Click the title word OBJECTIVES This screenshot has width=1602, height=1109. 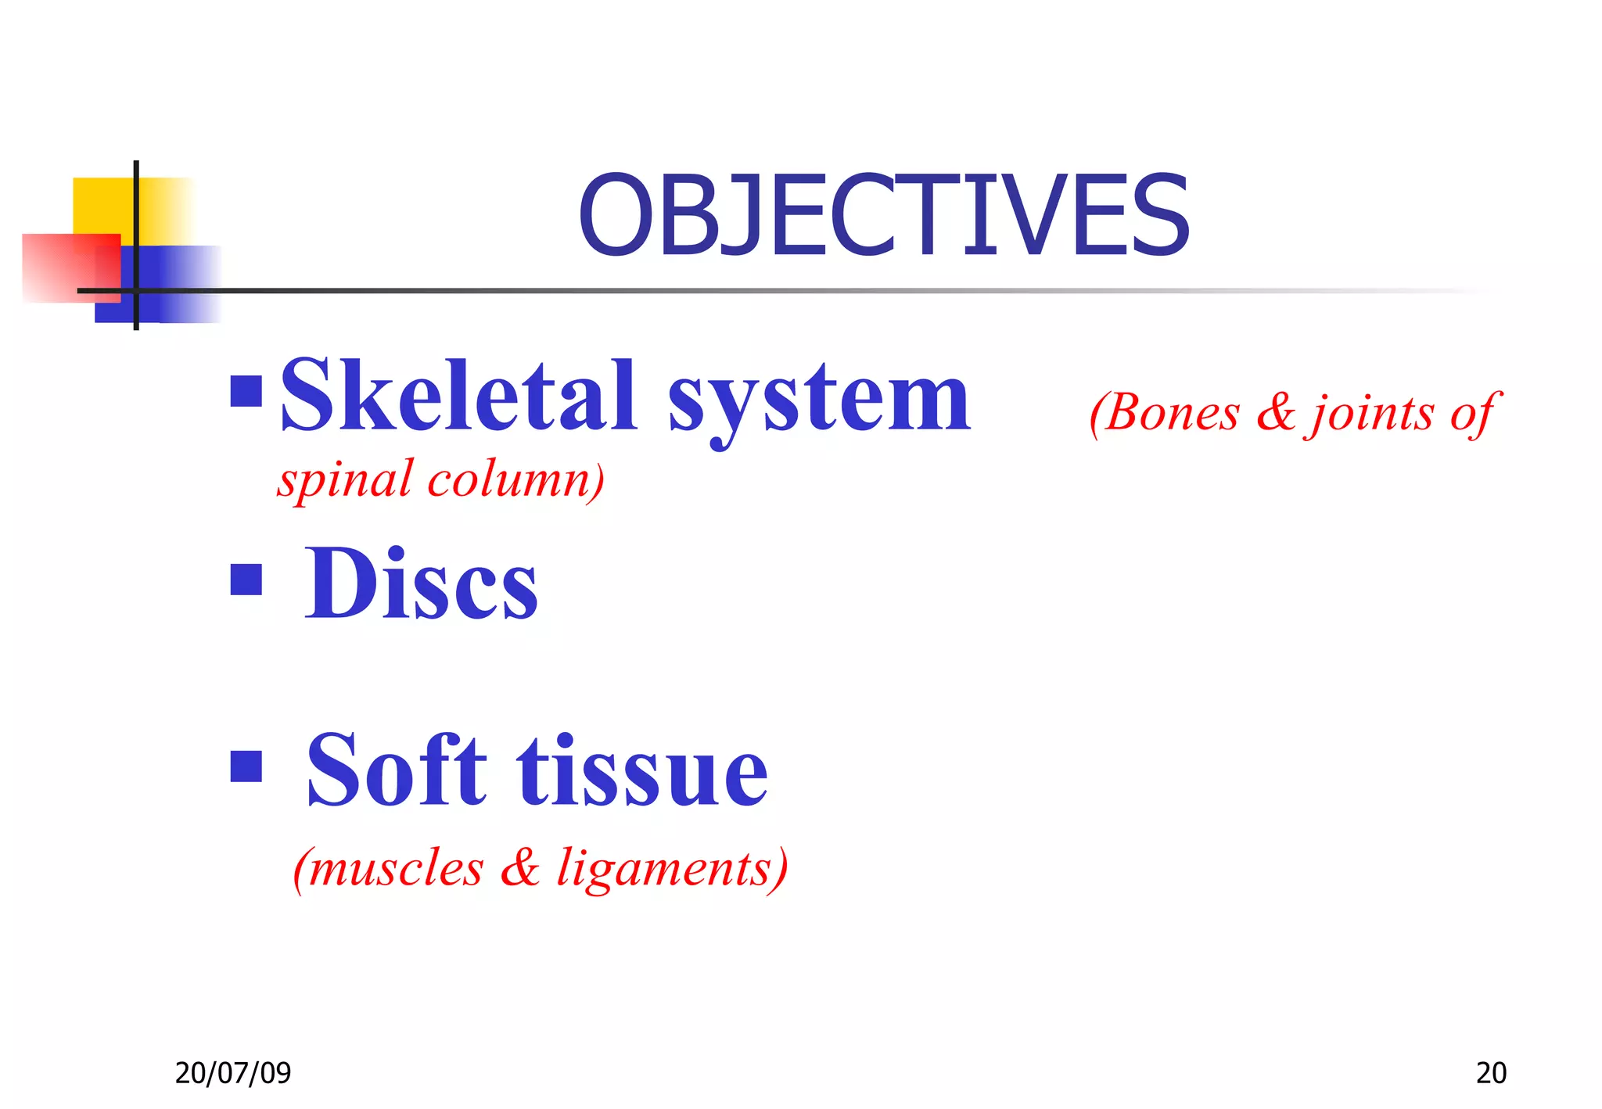[884, 216]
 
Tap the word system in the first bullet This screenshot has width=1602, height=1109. [819, 400]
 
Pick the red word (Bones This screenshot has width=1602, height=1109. [1165, 412]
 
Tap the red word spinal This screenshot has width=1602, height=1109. [344, 479]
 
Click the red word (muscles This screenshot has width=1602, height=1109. [389, 868]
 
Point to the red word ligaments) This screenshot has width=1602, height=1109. [672, 870]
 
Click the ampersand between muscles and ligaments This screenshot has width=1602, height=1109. [520, 867]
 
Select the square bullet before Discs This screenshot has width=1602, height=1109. [246, 580]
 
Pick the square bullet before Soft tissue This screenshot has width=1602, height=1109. [246, 766]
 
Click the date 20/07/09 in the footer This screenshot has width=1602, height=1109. [233, 1073]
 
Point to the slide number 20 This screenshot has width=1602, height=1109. [1491, 1073]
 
